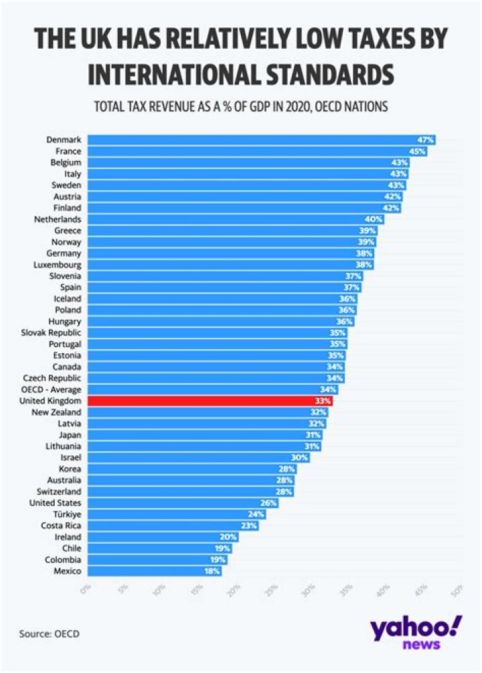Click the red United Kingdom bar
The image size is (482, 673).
pos(210,401)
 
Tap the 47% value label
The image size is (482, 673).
pos(426,140)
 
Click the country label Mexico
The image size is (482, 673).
pos(67,571)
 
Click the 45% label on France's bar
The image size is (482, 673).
pos(418,151)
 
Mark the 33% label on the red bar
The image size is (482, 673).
pos(323,401)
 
